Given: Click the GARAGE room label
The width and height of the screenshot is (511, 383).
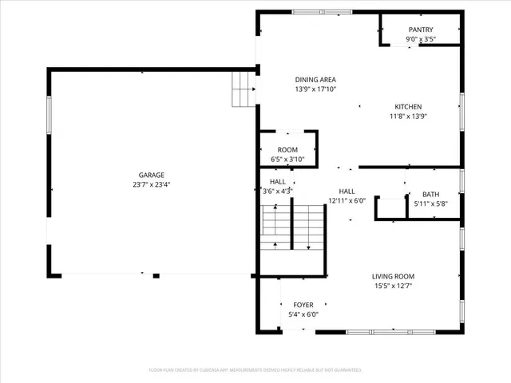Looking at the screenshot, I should coord(152,175).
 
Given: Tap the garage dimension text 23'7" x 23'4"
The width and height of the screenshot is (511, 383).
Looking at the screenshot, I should coord(152,184).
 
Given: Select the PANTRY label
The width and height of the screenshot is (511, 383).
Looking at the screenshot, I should coord(420,30).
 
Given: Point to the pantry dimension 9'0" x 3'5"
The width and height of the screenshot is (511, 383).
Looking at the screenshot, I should coord(420,39).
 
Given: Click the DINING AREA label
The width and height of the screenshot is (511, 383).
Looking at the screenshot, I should coord(315,80).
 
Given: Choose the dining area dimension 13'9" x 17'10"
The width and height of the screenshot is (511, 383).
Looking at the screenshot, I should coord(315,89).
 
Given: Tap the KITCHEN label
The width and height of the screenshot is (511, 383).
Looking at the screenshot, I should coord(408,107).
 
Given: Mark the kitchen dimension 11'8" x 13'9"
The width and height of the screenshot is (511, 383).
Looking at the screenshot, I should coord(408,116).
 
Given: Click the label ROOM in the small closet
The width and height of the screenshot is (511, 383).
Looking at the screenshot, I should coord(287,150).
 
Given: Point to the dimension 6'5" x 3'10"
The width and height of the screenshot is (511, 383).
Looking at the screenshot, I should coord(287,160).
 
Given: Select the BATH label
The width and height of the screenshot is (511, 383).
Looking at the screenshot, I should coord(430,195).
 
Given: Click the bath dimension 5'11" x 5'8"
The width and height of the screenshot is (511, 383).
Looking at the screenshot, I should coord(430,204).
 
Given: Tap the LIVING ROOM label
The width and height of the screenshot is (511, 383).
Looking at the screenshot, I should coord(393,277).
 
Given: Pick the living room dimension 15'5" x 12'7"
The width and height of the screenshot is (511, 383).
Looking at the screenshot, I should coord(393,286).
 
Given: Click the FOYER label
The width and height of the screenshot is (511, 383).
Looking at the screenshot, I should coord(303,305).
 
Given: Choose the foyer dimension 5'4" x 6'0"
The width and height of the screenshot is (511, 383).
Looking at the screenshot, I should coord(303,314).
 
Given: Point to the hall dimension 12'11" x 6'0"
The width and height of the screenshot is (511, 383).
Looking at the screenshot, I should coord(347,201).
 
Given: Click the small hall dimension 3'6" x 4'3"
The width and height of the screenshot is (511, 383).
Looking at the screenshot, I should coord(278,191).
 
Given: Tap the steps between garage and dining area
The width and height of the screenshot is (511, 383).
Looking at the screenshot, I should coord(242,88).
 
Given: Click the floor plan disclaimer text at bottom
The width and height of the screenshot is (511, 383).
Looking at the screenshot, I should coord(255,370).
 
